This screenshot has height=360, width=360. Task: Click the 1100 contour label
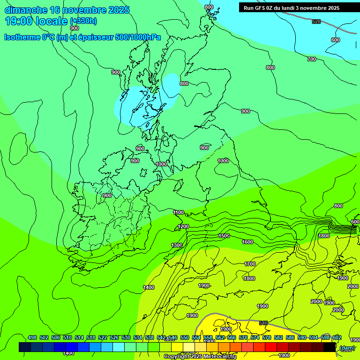[x=178, y=212]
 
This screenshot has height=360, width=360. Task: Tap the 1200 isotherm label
[x=183, y=226]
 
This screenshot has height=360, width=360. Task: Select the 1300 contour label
[x=177, y=245]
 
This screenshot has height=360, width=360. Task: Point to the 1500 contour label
[x=224, y=236]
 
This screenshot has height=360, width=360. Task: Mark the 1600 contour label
[x=247, y=242]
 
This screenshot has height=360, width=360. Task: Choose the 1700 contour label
[x=250, y=264]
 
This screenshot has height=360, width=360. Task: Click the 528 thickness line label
[x=316, y=22]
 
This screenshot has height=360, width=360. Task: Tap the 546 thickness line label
[x=263, y=323]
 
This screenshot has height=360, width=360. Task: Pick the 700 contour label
[x=312, y=59]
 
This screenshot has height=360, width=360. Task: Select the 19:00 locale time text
[x=36, y=21]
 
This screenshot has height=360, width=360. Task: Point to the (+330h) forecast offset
[x=83, y=21]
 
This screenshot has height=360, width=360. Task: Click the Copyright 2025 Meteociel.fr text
[x=200, y=357]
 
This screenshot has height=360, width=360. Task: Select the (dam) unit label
[x=347, y=347]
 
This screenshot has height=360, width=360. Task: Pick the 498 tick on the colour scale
[x=32, y=337]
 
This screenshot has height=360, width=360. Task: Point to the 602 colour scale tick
[x=337, y=337]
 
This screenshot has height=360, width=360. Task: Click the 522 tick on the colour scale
[x=103, y=337]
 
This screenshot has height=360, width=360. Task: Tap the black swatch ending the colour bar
[x=330, y=347]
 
